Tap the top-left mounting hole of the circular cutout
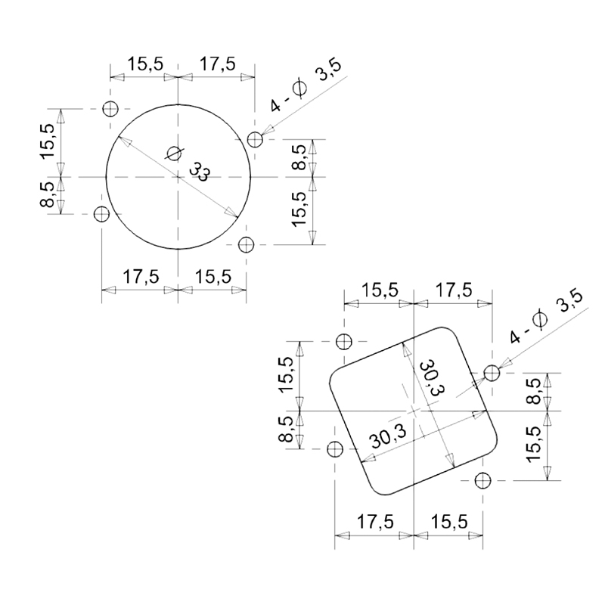(x=111, y=108)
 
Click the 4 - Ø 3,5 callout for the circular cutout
(x=306, y=88)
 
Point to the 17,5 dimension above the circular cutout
(x=217, y=64)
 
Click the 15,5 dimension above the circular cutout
(x=144, y=64)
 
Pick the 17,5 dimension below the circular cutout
(x=141, y=277)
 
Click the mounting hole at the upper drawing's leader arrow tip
(x=255, y=138)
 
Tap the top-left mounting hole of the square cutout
(x=345, y=342)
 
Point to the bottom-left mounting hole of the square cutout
(x=334, y=449)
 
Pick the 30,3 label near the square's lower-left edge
(x=388, y=437)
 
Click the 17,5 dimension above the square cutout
(x=452, y=290)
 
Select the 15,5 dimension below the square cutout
(x=449, y=522)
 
